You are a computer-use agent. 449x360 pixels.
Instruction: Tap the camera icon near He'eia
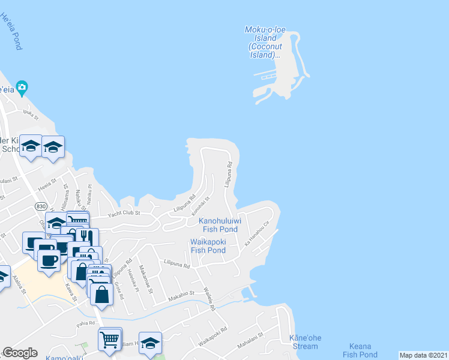22,88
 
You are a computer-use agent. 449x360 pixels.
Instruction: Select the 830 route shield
41,206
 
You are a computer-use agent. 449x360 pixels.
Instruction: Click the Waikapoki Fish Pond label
208,246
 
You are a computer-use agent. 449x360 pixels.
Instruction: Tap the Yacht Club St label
124,213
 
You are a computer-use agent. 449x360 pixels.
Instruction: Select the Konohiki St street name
200,206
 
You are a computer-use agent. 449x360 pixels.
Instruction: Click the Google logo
20,353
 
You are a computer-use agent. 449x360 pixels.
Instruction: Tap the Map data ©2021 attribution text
423,355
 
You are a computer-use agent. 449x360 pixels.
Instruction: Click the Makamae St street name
146,280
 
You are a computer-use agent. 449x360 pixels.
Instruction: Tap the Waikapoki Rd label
215,331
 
